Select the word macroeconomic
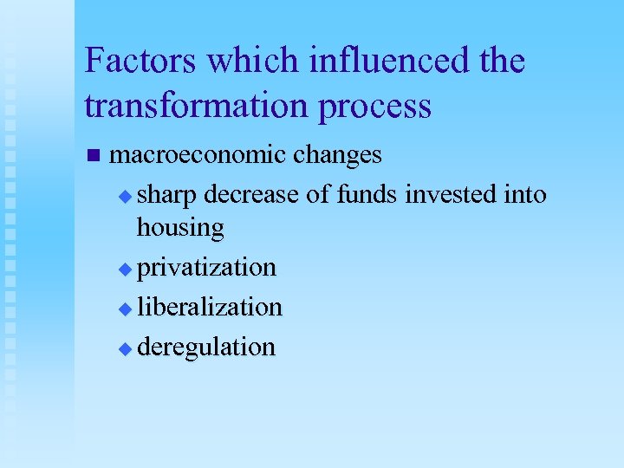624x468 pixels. coord(198,155)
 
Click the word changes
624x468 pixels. coord(337,156)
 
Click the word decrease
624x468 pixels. coord(252,195)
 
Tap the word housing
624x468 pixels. coord(180,228)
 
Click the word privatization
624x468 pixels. coord(207,268)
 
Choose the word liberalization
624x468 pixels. coord(210,307)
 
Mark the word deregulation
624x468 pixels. coord(206,348)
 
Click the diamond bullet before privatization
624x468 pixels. coord(126,270)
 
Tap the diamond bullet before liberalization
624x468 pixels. coord(126,309)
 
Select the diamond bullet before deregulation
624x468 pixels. coord(126,348)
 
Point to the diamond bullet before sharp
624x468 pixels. coord(126,197)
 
